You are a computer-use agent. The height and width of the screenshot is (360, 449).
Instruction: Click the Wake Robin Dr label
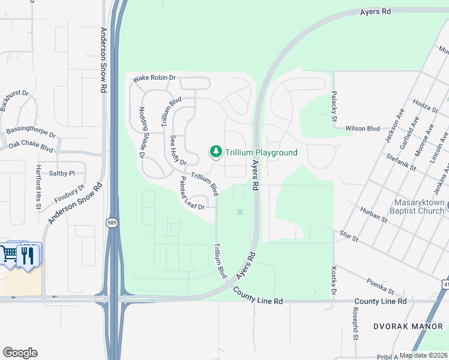pos(154,78)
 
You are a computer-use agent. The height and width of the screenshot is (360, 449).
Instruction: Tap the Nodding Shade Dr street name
pos(142,132)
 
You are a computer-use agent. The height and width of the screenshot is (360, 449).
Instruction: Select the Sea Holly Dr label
pos(178,150)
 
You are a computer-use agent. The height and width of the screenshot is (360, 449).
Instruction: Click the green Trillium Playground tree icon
pos(215,153)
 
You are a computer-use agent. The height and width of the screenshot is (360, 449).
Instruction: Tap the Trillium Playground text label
pos(261,152)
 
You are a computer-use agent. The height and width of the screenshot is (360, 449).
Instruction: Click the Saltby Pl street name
pos(62,173)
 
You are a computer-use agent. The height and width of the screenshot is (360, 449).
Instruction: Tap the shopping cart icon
pos(10,254)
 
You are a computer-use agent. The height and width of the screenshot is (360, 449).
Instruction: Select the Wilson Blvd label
pos(363,128)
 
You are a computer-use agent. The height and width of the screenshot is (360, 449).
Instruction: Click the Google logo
pos(20,353)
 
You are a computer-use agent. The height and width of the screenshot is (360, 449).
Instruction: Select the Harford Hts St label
pos(38,187)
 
